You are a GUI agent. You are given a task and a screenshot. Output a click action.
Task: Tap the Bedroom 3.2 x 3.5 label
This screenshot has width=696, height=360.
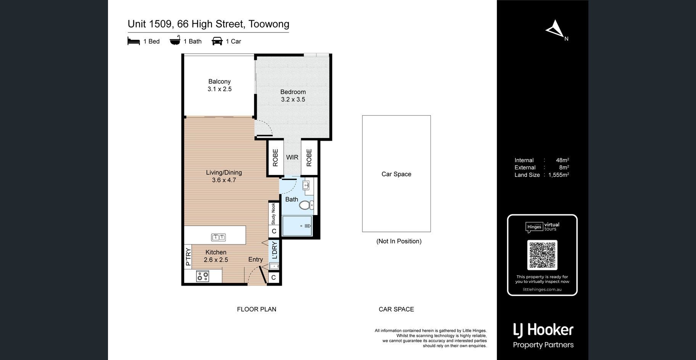tap(293, 96)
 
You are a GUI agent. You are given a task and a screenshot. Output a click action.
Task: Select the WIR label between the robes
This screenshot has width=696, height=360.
tap(292, 157)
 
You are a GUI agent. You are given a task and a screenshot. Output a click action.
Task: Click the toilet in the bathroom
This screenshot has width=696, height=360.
tap(306, 205)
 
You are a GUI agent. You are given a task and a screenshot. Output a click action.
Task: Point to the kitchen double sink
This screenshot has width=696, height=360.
tap(218, 237)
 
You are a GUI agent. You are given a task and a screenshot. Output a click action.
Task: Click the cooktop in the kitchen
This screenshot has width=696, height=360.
tap(203, 276)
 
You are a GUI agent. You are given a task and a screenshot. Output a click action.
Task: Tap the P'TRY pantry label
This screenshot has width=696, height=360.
tap(188, 257)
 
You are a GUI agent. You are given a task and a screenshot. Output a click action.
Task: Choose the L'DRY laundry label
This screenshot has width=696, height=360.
tap(274, 251)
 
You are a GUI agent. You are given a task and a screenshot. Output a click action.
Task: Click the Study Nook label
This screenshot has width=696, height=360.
tap(273, 214)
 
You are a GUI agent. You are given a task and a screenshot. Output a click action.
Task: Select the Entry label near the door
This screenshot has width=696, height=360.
tap(256, 259)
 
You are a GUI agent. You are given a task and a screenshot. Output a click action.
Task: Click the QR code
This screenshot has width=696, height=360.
tap(542, 255)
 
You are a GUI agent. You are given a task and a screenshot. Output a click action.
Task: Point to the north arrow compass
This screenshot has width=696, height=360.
tap(556, 29)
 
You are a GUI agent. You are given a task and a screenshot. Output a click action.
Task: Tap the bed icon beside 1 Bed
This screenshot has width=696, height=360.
tap(134, 41)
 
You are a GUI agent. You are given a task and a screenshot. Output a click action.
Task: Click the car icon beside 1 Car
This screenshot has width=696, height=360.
tap(217, 41)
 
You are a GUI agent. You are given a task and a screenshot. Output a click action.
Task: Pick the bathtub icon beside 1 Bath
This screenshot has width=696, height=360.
tap(175, 40)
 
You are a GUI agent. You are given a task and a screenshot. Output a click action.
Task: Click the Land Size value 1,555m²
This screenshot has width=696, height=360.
tap(559, 175)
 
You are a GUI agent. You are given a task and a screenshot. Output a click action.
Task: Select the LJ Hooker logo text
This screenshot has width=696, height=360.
tap(543, 330)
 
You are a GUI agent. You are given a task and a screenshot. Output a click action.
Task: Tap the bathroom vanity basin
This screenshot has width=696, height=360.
tap(306, 186)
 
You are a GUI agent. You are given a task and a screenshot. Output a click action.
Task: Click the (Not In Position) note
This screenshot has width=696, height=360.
tap(399, 241)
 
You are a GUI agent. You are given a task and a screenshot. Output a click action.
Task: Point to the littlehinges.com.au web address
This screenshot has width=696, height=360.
tap(542, 289)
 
